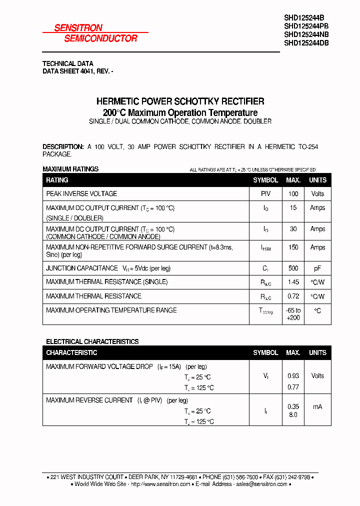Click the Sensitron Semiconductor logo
95,33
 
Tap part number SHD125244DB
306,43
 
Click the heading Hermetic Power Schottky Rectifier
180,101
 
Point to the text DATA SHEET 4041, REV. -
77,71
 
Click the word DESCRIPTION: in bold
63,146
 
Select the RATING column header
57,180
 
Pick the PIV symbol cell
265,194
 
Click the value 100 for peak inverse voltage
293,194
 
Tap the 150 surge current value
293,247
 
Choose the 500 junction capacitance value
293,268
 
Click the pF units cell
317,268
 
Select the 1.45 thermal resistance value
293,282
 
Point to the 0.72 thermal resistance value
293,296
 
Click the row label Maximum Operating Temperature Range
111,310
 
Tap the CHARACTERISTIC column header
71,353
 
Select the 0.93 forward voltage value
293,376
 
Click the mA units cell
317,407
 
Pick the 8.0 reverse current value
293,415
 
